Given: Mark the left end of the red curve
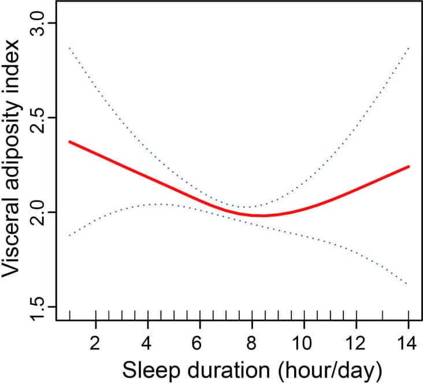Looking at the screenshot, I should click(x=70, y=141).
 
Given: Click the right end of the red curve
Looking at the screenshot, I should click(x=409, y=166).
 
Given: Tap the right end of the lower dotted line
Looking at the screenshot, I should click(x=408, y=284).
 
